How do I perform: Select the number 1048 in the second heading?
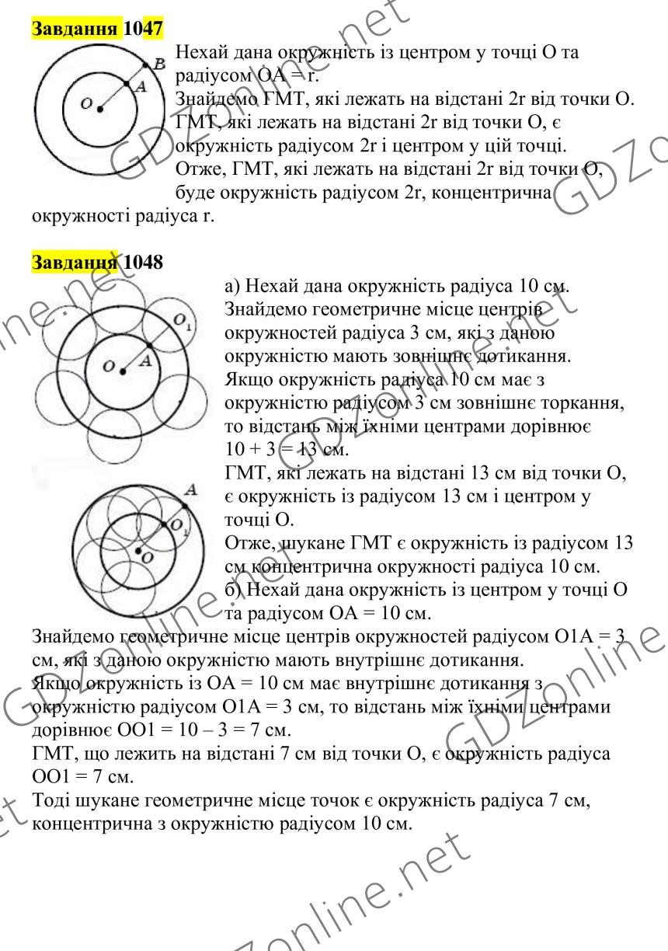pos(143,262)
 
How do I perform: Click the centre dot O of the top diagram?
pos(99,109)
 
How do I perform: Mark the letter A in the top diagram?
pos(141,89)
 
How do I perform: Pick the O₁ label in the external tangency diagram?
pos(181,322)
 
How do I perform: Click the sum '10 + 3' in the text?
pos(247,449)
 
